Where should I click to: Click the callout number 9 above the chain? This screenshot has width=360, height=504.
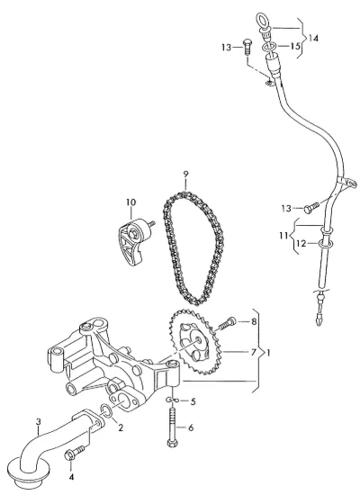point(185,175)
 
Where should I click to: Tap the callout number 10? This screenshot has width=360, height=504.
point(130,202)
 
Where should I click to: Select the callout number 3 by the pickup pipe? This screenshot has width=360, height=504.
point(38,421)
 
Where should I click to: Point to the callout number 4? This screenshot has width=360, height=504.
point(71,477)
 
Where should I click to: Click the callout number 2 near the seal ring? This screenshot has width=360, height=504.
point(121,427)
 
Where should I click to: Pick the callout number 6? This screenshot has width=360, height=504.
point(191,427)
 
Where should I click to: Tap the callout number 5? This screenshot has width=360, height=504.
point(193,401)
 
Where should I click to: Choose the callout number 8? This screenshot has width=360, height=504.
point(254,321)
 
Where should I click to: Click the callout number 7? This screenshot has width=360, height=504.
point(253,352)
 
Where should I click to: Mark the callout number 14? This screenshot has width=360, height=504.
point(313,38)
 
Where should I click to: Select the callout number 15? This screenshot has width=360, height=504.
point(295,46)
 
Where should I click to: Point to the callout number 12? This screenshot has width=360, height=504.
point(301,244)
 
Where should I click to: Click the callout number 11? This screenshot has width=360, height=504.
point(283,236)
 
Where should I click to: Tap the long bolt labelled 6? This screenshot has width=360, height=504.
point(172,427)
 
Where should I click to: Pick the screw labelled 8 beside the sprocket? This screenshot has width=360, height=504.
point(227,323)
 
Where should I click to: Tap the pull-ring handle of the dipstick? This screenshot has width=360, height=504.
point(264,19)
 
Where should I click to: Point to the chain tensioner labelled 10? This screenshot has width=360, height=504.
point(134,239)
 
